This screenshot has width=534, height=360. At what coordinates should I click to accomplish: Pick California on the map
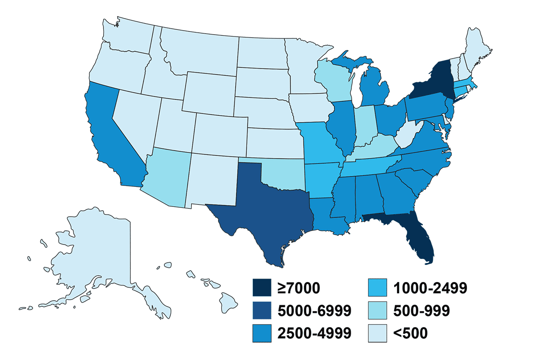tap(109, 133)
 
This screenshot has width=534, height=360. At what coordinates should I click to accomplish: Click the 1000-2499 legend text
tap(430, 287)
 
